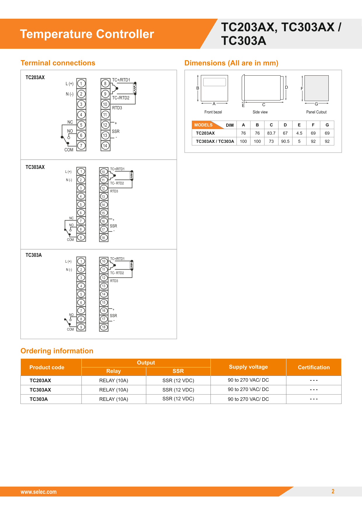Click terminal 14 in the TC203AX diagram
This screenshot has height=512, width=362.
point(105,146)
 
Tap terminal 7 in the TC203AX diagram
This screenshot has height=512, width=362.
point(81,146)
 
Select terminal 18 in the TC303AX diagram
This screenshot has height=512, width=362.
point(103,238)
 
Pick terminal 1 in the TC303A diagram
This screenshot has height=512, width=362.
point(81,261)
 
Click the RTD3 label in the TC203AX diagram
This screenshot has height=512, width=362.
point(117,108)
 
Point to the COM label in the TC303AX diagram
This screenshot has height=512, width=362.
point(70,240)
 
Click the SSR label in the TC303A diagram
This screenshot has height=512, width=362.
point(113,316)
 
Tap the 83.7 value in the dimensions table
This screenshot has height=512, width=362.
point(271,133)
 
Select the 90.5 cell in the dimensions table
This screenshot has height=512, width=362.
point(285,141)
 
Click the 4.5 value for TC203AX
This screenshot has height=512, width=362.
point(299,133)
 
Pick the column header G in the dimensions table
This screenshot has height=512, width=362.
point(327,125)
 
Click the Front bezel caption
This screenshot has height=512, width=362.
point(213,112)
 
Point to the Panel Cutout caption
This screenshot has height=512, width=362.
point(316,112)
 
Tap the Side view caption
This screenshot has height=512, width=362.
point(260,112)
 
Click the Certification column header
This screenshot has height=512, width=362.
point(314,367)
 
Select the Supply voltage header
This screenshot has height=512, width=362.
point(248,367)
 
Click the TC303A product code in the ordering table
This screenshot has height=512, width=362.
point(39,399)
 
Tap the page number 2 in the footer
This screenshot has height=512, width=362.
point(333,491)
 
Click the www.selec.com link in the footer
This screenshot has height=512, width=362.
point(39,492)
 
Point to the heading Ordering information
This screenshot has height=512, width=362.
point(57,351)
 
